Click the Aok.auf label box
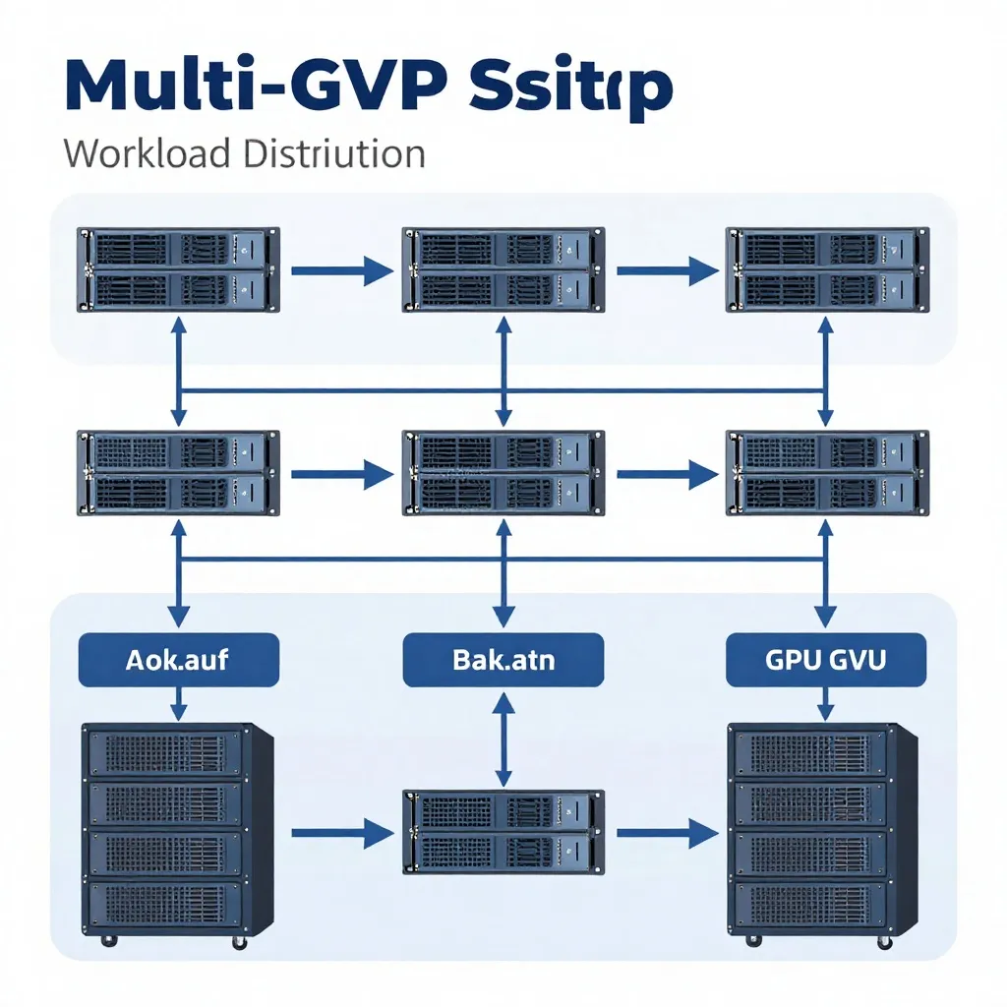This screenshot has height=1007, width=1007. pyautogui.click(x=178, y=659)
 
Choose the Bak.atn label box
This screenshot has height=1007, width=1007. pyautogui.click(x=503, y=659)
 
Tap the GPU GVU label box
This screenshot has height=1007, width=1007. pyautogui.click(x=826, y=659)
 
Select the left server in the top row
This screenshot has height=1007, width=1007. pyautogui.click(x=178, y=269)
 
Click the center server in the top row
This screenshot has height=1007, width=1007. pyautogui.click(x=503, y=269)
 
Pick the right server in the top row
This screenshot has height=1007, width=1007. pyautogui.click(x=826, y=269)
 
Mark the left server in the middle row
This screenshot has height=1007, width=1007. pyautogui.click(x=178, y=472)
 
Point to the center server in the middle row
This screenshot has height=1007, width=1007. pyautogui.click(x=503, y=472)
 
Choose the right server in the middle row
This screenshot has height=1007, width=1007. pyautogui.click(x=826, y=472)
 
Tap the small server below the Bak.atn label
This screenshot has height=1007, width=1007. pyautogui.click(x=503, y=832)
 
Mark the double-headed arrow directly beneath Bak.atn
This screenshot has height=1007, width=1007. pyautogui.click(x=503, y=738)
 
